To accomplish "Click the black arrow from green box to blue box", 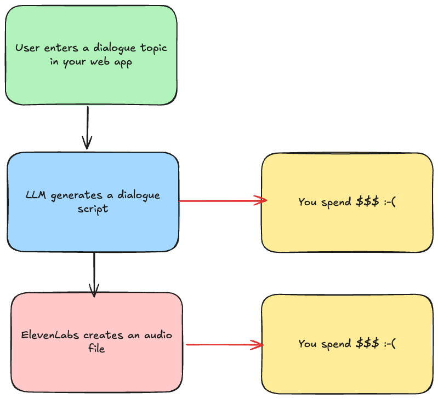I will click(87, 128).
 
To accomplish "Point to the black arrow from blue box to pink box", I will click(94, 273).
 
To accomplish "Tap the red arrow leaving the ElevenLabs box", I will click(224, 345).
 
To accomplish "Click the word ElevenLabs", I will click(45, 334).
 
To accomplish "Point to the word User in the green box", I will click(27, 48).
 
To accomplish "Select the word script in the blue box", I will click(93, 209).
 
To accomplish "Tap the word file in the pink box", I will click(96, 348).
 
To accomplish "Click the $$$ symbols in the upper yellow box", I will click(367, 202).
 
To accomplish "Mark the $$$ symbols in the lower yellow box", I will click(367, 344).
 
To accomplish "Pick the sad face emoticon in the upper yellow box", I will click(390, 202).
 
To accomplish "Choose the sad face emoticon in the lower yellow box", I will click(390, 344).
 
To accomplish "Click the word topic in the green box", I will click(152, 48).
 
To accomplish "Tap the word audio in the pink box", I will click(157, 334).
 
